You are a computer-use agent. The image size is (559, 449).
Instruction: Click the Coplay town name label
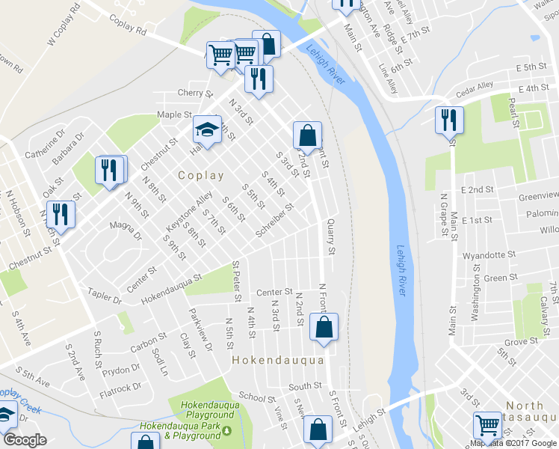(x=201, y=175)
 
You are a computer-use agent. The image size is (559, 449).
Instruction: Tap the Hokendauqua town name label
(x=278, y=360)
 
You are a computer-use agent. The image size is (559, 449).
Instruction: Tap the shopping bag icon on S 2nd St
(x=306, y=135)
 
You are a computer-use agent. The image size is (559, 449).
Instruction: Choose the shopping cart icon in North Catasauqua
(x=487, y=425)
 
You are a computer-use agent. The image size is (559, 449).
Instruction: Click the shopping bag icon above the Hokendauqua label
(x=323, y=327)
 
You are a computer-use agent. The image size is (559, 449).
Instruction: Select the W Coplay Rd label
(x=63, y=27)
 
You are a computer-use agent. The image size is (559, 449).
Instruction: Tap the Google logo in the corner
(x=24, y=440)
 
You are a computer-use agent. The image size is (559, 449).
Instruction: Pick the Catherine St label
(x=40, y=147)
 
